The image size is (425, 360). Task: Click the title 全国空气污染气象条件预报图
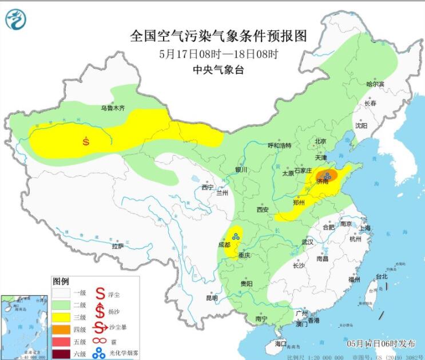pos(219,36)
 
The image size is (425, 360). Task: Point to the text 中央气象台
pos(219,70)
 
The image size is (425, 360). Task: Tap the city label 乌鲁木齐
pos(112,107)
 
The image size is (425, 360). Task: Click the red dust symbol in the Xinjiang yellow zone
pos(86,141)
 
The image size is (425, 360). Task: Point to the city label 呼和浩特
pos(280,145)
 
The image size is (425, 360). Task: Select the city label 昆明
pos(212,298)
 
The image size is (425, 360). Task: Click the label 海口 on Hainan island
pos(280,343)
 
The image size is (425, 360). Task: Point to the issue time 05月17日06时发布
pos(381,343)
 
